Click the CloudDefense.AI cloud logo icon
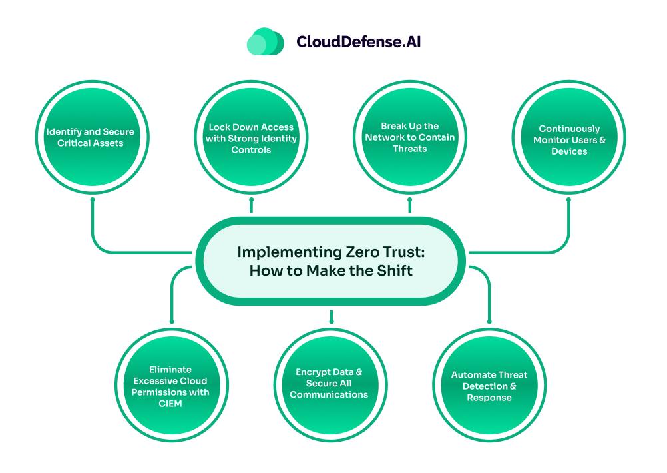[x=265, y=41]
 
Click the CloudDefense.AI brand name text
[x=358, y=42]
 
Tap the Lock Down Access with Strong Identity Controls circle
[x=251, y=138]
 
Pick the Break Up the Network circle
[x=409, y=138]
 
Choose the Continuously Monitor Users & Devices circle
[x=569, y=139]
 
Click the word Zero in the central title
[x=338, y=253]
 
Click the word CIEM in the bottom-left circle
[x=172, y=402]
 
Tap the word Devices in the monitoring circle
[x=569, y=151]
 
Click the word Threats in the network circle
[x=409, y=149]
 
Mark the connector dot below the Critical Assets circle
[x=93, y=199]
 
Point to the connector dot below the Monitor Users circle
[x=569, y=199]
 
